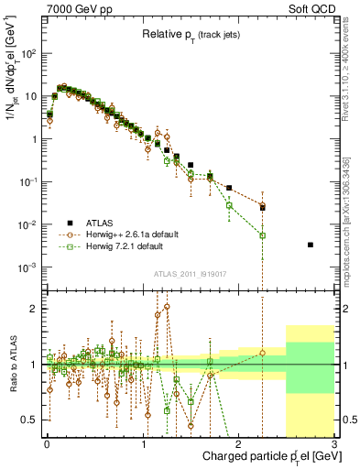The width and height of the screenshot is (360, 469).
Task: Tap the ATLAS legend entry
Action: [x=105, y=222]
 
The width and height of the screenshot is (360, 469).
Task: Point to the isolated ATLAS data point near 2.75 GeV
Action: [x=311, y=245]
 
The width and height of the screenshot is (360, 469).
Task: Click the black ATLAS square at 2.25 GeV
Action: [x=262, y=208]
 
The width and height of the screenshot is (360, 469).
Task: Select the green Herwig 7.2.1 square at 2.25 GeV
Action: [x=262, y=235]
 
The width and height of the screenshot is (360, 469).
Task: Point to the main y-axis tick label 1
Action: [x=35, y=139]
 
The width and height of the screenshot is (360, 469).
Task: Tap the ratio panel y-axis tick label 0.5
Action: [x=30, y=420]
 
